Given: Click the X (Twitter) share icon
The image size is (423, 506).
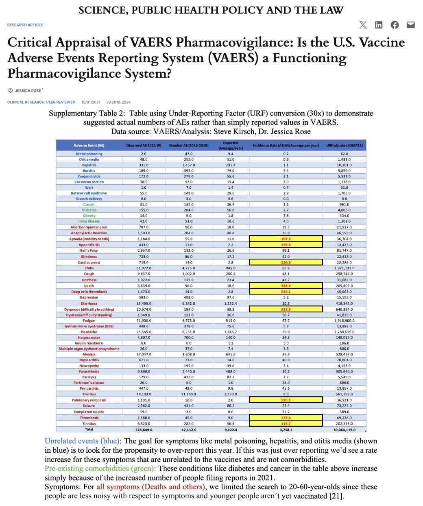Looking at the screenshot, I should coord(363,25).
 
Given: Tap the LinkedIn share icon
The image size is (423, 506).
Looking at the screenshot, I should coord(379,25).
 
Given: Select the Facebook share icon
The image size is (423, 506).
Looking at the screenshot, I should coord(395,25).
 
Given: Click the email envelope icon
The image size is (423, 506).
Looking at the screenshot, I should coord(411,25).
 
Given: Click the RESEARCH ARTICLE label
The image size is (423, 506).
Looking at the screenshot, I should coord(25,25).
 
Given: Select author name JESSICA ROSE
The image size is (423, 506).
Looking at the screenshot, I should coord(28,90).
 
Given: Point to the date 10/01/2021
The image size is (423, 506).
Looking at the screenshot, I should coord(91,102).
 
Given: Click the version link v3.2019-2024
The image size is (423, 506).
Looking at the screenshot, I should coord(118,102).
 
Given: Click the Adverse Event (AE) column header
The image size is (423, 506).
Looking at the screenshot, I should coord(89,145).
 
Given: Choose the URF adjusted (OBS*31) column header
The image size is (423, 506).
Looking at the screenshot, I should coord(344,145).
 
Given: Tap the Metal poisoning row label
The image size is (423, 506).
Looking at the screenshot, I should coord(89,154).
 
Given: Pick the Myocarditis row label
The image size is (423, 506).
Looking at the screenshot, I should coord(89,360).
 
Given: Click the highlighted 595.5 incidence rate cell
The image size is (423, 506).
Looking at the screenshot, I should coord(286,400).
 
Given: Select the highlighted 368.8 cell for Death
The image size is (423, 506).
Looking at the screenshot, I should coord(286,286).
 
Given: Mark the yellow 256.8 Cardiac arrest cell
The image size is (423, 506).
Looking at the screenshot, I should coord(286,262).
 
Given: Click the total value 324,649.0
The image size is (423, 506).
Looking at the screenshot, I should coord(144,430).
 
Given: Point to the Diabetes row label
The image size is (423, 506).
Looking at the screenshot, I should coord(89,210).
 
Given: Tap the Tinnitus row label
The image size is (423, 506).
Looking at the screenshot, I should coord(89,423).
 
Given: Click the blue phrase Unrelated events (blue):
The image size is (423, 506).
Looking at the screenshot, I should coord(83,441).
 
